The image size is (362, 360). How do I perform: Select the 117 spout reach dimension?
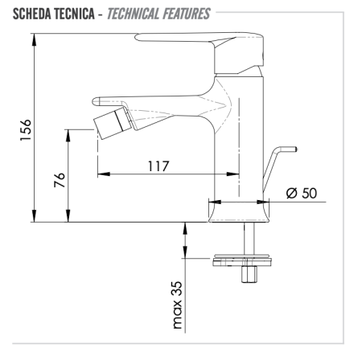point(158,166)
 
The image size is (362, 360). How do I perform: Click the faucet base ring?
point(238,210)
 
